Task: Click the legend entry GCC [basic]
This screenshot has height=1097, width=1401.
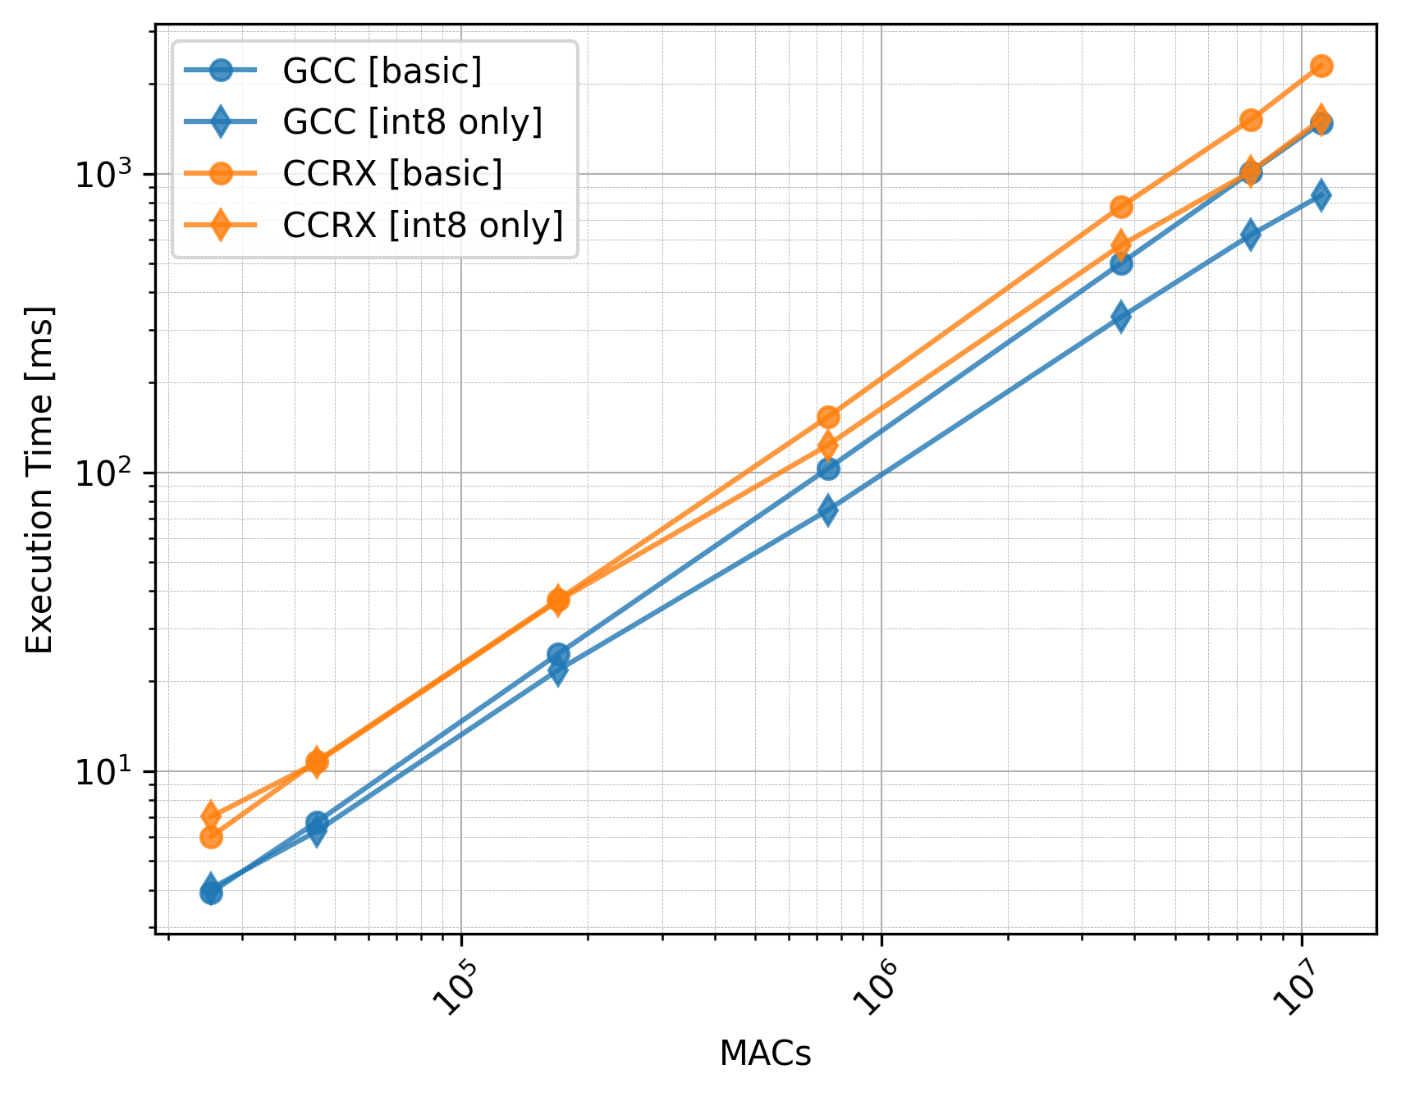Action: [x=382, y=71]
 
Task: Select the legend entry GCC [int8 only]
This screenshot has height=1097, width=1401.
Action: [x=412, y=122]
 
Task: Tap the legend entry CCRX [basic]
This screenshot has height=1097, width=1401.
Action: [x=392, y=173]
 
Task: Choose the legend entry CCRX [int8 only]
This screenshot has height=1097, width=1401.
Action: [x=423, y=225]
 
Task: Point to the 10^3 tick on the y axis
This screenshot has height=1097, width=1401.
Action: [x=110, y=174]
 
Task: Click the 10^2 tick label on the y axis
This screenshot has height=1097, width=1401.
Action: [x=110, y=473]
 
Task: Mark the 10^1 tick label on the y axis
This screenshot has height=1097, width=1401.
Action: [x=110, y=771]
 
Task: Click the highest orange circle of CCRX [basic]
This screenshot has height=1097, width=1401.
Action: [x=1321, y=66]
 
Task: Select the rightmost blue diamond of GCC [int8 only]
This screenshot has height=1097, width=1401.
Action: [x=1321, y=195]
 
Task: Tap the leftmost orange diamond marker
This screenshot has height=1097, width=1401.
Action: [x=211, y=816]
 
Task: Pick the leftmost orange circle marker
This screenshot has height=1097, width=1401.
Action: [x=211, y=837]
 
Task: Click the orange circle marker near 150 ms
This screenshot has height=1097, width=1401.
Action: [x=828, y=417]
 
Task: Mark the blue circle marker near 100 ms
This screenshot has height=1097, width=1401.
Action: [x=828, y=469]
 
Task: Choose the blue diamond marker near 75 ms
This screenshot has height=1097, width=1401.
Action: [x=828, y=510]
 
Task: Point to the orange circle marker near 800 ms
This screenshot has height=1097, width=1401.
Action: [x=1121, y=207]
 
